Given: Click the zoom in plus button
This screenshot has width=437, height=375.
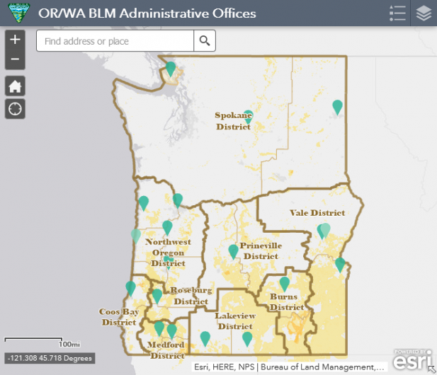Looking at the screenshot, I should point(15,40).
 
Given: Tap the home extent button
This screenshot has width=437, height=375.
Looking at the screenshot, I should point(15,86).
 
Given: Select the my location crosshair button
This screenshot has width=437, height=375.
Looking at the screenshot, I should point(15,109).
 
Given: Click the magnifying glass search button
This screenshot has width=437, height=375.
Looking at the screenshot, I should point(205,41).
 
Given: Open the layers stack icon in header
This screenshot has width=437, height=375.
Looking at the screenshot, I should point(424,13).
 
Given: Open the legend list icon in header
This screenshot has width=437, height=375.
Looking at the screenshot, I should point(397,13).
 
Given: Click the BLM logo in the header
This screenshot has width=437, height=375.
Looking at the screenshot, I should point(18,13).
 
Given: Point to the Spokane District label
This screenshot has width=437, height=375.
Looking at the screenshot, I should point(234,121).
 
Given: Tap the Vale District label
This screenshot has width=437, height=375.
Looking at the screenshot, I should point(317,213).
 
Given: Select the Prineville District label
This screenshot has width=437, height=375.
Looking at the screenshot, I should point(261,250).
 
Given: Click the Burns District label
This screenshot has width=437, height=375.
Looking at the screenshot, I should point(287,302).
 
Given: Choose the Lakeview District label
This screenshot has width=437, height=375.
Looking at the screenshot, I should point(235,321).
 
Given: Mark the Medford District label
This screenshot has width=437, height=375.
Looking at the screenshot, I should point(167,350).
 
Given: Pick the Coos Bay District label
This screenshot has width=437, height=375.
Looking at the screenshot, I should point(118,316).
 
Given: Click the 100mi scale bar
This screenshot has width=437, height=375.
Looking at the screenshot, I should point(34,342).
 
